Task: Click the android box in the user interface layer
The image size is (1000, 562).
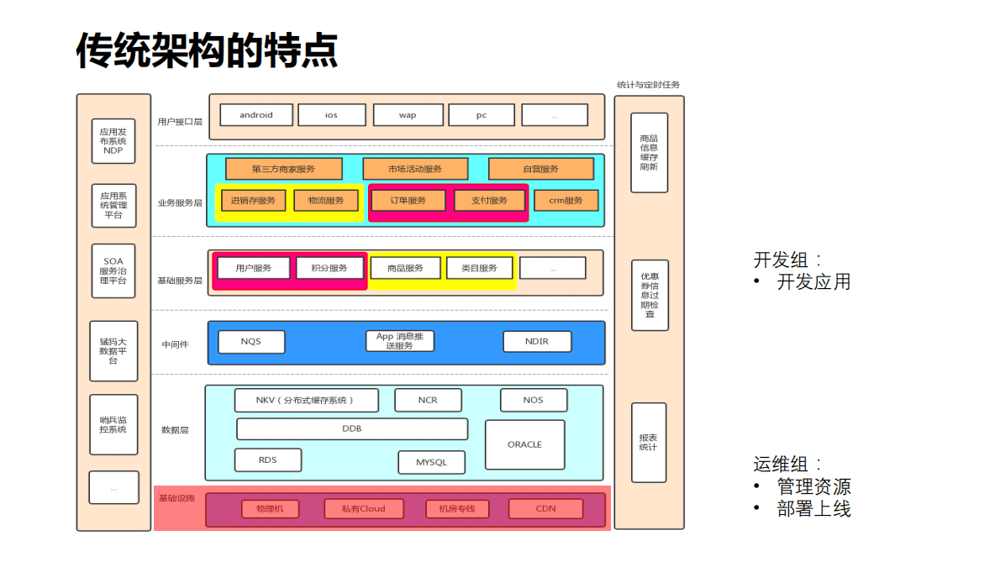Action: click(256, 115)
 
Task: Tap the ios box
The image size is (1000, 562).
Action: click(332, 115)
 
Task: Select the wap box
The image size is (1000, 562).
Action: click(408, 115)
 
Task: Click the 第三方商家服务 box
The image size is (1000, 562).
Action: click(283, 169)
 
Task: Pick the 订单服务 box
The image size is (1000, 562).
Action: click(408, 201)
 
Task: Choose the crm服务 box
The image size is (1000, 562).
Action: click(566, 201)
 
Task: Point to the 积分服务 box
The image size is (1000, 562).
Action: click(329, 268)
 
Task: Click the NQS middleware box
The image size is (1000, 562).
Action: click(250, 342)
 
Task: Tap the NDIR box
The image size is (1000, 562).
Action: click(537, 342)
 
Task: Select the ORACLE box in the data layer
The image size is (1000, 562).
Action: click(524, 444)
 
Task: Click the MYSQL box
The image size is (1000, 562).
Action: click(431, 462)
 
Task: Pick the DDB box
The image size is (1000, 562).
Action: click(351, 428)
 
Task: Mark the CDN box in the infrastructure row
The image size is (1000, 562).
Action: click(545, 508)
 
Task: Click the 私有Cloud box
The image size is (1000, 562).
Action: click(363, 508)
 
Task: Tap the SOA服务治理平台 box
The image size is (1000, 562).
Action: click(113, 270)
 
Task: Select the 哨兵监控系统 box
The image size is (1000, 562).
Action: click(113, 424)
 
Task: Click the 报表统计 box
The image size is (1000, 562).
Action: click(648, 442)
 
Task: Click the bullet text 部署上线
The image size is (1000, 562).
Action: click(813, 508)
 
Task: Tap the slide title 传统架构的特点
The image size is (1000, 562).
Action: click(207, 51)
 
